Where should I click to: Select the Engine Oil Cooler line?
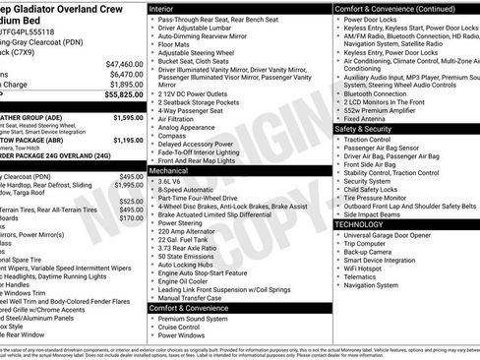187,280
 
